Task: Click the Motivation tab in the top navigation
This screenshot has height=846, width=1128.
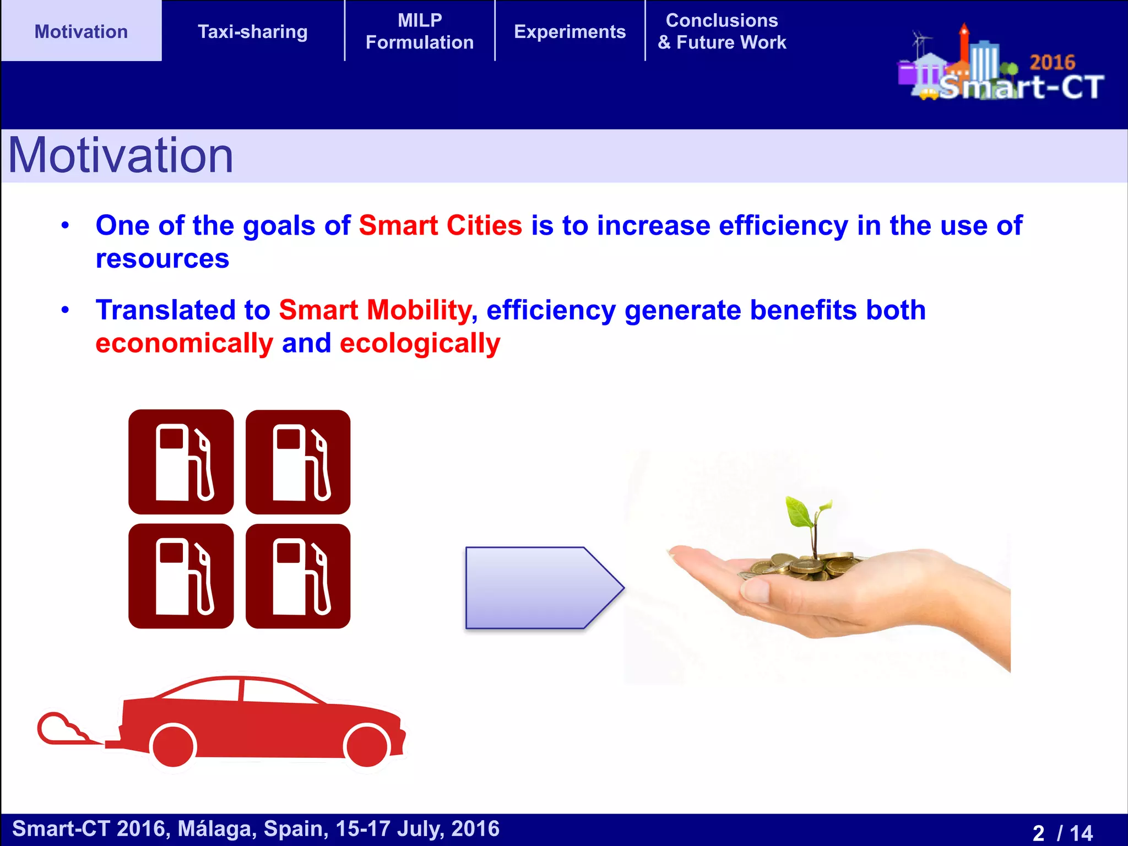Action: pos(81,31)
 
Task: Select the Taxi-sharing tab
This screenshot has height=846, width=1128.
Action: pos(252,31)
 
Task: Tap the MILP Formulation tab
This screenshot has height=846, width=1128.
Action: pos(420,31)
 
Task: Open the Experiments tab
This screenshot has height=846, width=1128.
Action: pos(570,31)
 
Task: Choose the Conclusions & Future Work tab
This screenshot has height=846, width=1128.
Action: pos(722,31)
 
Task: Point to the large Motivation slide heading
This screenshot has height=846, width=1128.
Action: pos(121,156)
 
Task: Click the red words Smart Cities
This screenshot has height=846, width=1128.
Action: pos(440,225)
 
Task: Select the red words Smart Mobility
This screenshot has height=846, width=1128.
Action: pos(375,310)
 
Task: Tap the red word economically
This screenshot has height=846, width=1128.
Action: pos(184,343)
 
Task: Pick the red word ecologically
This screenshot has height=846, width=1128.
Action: pos(420,343)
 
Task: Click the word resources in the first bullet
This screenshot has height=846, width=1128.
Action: pos(162,258)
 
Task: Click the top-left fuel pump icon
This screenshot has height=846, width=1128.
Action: pos(181,462)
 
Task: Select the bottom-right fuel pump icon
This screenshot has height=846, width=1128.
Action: pos(298,576)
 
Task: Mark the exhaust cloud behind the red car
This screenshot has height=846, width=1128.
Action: pos(61,729)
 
